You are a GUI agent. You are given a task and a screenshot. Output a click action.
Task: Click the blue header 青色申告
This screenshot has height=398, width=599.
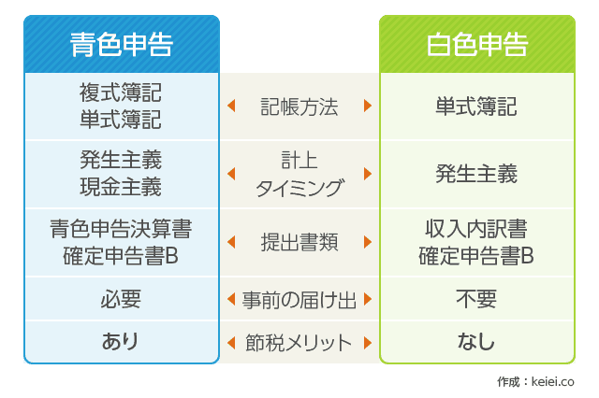pos(122,45)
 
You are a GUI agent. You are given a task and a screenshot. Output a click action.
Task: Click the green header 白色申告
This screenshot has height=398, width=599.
pos(477,45)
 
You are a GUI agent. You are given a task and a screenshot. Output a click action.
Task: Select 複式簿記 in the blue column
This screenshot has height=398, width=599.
pos(121,92)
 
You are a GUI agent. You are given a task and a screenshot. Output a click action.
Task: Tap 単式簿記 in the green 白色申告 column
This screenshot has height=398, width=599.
pos(476,107)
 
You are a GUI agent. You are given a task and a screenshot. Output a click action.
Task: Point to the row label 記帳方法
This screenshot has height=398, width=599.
pos(299,107)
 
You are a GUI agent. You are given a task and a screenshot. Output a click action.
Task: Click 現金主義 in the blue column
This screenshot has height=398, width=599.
pos(121,187)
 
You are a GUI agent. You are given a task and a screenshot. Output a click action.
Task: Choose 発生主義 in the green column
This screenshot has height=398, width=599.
pos(476,174)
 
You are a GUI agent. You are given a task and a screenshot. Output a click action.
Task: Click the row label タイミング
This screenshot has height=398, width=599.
pos(299,189)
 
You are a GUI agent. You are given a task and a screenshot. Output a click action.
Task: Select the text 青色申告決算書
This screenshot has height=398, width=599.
pos(121,229)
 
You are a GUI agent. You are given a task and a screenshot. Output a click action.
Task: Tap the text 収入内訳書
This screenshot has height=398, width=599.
pos(476,229)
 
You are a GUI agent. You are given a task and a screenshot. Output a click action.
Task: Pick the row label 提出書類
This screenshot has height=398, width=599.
pos(299,242)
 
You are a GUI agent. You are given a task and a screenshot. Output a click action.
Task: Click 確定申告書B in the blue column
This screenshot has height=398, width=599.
pos(121,256)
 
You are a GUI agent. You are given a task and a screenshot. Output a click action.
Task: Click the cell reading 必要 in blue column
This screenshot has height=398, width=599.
pos(121,299)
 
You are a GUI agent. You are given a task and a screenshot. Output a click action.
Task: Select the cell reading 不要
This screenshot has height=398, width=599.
pos(476,299)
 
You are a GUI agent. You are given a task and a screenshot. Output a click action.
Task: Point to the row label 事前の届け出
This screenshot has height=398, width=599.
pos(299,300)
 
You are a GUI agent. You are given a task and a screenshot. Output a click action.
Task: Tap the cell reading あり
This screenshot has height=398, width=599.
pos(120,341)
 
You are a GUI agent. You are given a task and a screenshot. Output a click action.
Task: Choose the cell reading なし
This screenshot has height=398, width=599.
pos(476,341)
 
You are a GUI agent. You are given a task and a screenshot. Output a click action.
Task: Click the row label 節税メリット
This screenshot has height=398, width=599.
pos(299,342)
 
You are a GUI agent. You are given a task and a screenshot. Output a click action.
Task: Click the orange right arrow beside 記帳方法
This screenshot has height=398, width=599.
pos(368,106)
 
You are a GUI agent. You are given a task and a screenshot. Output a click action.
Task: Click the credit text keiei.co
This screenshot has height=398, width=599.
pos(552,381)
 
